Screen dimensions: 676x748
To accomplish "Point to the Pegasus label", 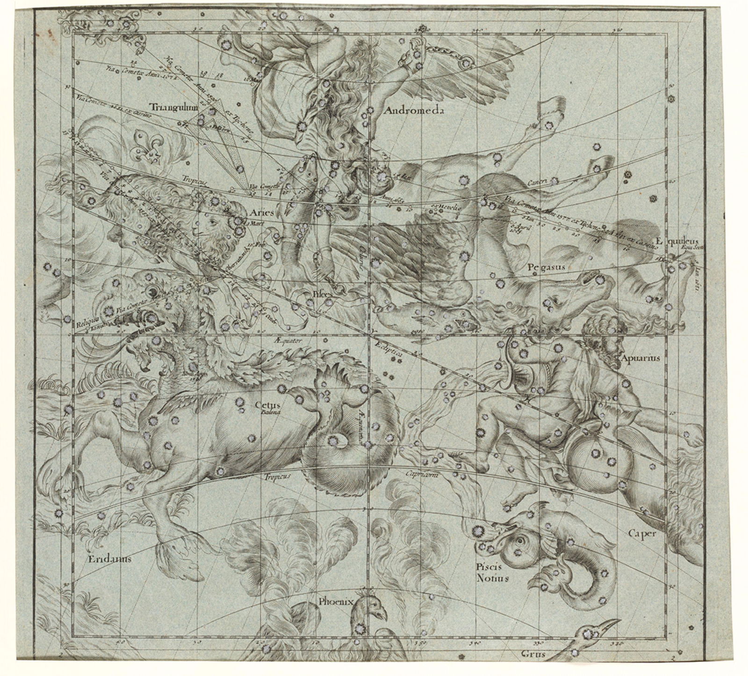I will pyautogui.click(x=547, y=267).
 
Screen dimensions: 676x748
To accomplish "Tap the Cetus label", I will pyautogui.click(x=264, y=406).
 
